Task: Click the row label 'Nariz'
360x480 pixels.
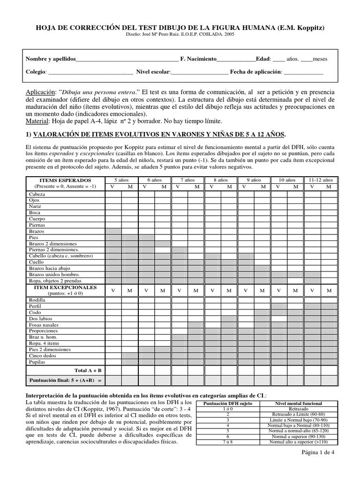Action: click(x=35, y=206)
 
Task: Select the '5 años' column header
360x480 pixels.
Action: click(x=121, y=180)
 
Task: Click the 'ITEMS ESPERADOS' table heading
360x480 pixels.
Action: click(x=65, y=180)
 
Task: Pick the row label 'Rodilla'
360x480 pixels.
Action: click(x=37, y=300)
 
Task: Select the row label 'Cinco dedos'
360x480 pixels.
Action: click(x=42, y=356)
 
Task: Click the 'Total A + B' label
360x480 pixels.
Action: click(x=88, y=370)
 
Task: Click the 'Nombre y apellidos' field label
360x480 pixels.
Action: click(x=50, y=59)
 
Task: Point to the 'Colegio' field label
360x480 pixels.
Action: click(x=36, y=72)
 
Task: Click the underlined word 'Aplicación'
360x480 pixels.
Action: click(x=40, y=91)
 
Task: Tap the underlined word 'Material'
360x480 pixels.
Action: click(x=37, y=121)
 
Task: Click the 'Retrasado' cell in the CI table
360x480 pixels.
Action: click(x=299, y=409)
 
